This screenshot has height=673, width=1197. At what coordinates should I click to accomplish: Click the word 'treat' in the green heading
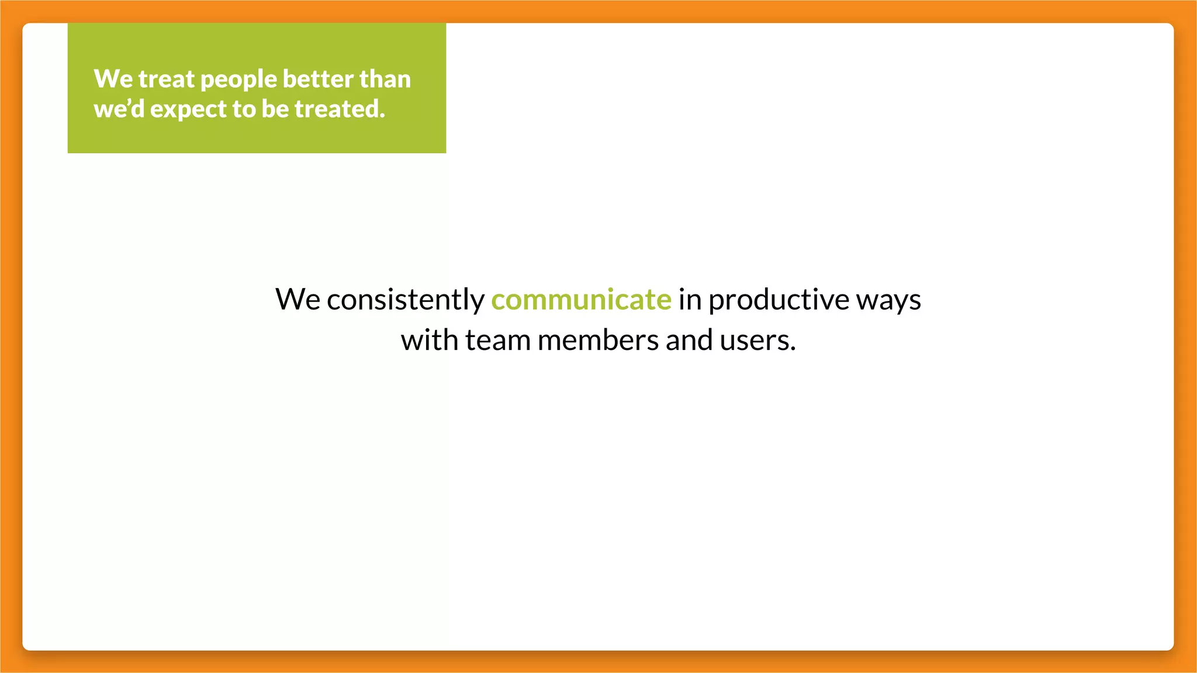[166, 79]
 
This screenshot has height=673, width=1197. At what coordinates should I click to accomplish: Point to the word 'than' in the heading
[385, 79]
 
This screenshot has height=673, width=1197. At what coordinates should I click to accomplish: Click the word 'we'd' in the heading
[119, 109]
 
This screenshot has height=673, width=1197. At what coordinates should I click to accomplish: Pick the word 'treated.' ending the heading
[340, 109]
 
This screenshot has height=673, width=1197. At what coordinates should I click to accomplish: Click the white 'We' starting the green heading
[113, 79]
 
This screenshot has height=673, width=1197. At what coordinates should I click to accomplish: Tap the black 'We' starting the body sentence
[297, 300]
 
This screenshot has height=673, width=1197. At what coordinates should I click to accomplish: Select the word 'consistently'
[406, 300]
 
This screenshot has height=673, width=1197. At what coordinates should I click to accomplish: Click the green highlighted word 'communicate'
[581, 300]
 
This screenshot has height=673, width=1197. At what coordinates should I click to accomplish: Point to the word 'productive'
[779, 300]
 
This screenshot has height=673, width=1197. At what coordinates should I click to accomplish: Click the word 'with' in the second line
[429, 340]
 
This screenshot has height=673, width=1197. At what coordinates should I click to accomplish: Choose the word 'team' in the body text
[497, 341]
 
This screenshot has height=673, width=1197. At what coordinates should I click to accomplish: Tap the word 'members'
[598, 341]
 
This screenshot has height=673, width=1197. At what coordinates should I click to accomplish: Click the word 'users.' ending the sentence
[757, 341]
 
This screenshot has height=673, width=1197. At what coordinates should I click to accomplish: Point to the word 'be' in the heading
[275, 109]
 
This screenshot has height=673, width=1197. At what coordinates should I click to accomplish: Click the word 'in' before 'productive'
[690, 300]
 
